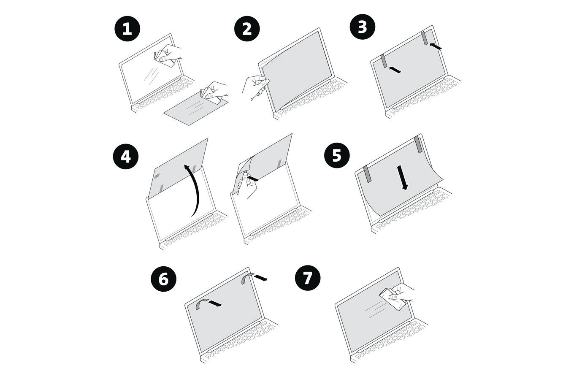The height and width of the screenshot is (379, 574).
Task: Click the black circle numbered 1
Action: (x=127, y=29)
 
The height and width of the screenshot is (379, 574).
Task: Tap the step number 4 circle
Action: (x=125, y=157)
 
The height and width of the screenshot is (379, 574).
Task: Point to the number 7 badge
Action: (x=308, y=278)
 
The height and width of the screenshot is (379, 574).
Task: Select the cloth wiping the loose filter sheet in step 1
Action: (x=212, y=95)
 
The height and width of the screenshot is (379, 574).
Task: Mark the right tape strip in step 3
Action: (x=424, y=38)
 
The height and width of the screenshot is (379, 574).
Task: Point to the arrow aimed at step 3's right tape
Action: (x=436, y=46)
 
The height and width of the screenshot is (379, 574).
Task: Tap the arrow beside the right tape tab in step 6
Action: (x=261, y=277)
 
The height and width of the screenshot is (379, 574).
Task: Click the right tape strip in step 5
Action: (x=418, y=144)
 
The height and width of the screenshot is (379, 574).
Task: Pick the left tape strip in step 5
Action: (x=366, y=174)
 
